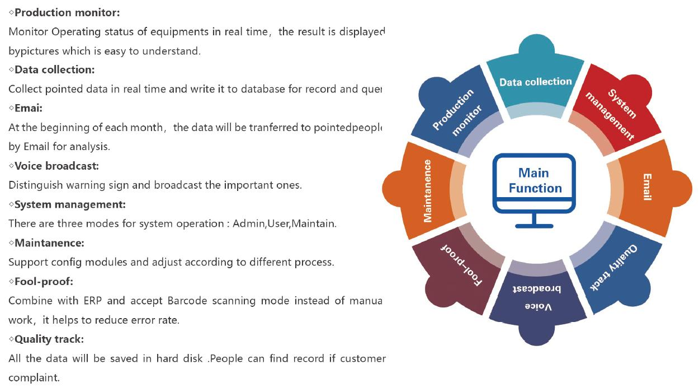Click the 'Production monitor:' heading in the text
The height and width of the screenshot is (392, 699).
pos(67,12)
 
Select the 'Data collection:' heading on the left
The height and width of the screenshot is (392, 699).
pos(54,70)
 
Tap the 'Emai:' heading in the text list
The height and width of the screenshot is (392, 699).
pos(29,108)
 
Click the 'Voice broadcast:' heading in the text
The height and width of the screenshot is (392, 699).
pos(56,166)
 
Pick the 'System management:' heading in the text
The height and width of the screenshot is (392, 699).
pos(70,204)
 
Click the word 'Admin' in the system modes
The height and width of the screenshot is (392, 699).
pos(248,223)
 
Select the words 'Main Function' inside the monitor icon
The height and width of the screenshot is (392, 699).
pos(535,180)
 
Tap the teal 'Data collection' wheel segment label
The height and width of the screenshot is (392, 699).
pos(535,82)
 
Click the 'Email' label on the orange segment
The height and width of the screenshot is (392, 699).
pos(647,187)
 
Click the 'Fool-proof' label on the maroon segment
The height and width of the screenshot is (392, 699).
pos(462,265)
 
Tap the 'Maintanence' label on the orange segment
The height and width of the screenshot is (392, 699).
pos(428,191)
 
